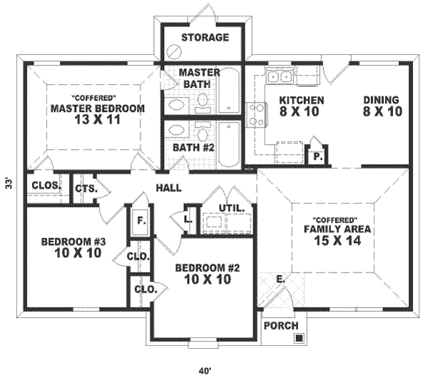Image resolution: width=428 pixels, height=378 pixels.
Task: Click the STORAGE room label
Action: click(205, 37)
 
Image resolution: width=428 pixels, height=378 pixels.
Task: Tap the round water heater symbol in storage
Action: click(174, 51)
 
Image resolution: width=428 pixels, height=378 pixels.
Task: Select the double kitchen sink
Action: click(279, 76)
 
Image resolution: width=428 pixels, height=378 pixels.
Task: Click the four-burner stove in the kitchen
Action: click(256, 115)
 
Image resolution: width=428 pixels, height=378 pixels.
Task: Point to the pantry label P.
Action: click(317, 157)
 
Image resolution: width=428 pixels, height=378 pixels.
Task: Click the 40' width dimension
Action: click(205, 371)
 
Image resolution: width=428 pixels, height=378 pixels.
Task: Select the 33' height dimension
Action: click(9, 183)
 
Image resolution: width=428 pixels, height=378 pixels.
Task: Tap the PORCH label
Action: click(281, 326)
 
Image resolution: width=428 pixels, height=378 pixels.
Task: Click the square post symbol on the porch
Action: click(299, 338)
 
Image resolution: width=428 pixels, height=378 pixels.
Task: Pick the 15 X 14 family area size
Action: click(337, 240)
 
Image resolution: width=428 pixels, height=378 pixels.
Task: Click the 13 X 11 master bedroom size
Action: click(97, 120)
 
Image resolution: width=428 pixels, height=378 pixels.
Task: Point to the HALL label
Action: click(168, 188)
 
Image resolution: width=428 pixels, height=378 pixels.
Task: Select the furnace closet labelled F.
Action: click(141, 221)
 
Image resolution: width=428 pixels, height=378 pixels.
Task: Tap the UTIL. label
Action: click(231, 208)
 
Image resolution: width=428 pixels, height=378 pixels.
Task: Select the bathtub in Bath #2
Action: click(229, 144)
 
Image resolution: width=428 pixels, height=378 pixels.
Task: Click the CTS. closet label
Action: click(86, 188)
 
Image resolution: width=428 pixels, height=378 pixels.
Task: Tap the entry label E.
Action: click(280, 279)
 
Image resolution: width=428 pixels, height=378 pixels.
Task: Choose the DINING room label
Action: click(381, 100)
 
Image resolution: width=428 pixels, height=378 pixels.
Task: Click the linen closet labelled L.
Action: click(187, 219)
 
